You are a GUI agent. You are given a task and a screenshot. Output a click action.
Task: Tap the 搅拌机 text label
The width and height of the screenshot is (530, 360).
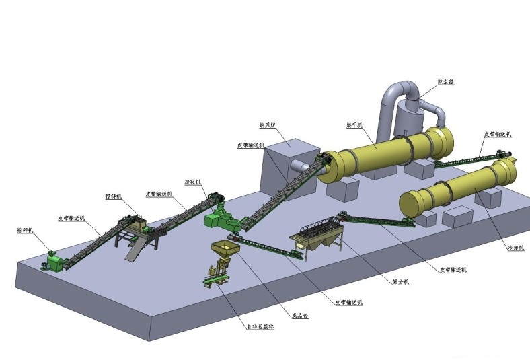[x=113, y=196]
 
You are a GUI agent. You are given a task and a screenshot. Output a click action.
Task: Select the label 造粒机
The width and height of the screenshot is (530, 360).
[x=192, y=182]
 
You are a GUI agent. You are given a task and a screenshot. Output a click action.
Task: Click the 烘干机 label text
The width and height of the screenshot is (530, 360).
[x=354, y=125]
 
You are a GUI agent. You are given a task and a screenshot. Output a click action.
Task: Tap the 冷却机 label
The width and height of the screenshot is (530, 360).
[x=516, y=248]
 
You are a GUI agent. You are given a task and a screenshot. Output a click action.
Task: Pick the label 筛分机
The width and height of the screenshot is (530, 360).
[x=400, y=282]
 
